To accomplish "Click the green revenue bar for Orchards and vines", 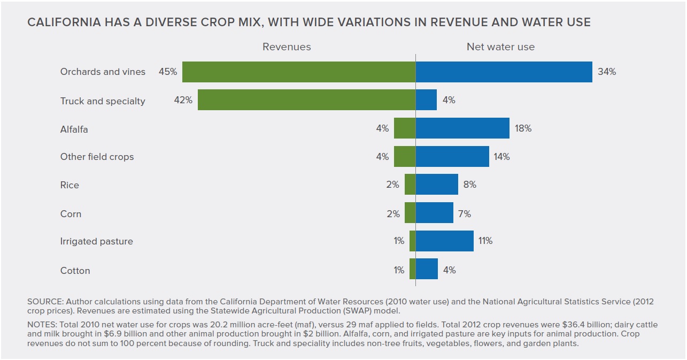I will click(x=298, y=72).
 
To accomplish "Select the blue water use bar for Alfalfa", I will click(x=462, y=128).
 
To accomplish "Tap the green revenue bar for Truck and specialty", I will click(x=306, y=100).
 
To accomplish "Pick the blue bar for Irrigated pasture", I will click(x=445, y=241).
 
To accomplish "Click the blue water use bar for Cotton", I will click(x=427, y=269).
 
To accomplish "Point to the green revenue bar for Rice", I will click(x=410, y=185).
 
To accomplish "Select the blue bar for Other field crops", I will click(x=452, y=157).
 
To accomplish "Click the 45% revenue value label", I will click(x=167, y=72).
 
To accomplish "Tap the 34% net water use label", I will click(x=607, y=72).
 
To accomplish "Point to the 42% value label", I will click(x=183, y=100).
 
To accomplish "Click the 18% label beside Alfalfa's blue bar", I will click(x=523, y=128).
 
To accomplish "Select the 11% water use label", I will click(x=485, y=241).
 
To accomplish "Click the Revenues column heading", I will click(x=287, y=47).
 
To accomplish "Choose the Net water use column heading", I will click(x=500, y=47).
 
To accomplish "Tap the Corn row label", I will click(x=71, y=214).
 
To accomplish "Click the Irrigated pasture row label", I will click(x=96, y=241).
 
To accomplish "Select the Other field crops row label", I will click(x=97, y=157).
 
